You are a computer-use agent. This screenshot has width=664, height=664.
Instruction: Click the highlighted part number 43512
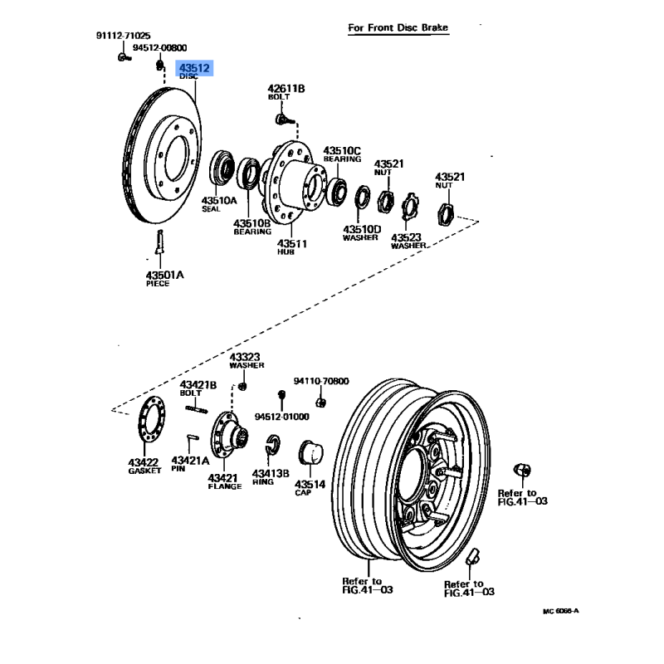(194, 69)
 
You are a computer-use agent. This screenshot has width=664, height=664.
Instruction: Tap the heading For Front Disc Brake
(398, 28)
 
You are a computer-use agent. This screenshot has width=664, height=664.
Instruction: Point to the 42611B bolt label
(286, 89)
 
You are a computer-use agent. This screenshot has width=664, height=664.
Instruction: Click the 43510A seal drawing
(222, 168)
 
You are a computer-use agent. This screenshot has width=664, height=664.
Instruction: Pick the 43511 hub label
(291, 245)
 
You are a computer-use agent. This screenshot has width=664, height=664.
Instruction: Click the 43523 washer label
(408, 238)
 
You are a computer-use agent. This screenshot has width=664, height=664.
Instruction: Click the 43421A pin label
(188, 460)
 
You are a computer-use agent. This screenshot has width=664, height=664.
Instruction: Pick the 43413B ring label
(271, 474)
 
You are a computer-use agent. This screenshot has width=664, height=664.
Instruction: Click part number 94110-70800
(321, 382)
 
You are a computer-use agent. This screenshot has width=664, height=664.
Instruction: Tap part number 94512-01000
(281, 416)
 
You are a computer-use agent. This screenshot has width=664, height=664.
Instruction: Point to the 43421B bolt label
(198, 385)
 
